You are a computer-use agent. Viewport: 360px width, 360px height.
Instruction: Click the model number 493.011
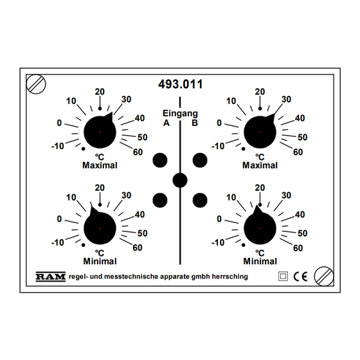(181, 84)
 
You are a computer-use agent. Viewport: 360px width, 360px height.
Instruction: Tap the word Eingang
(180, 114)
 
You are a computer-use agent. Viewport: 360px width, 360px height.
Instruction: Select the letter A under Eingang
(166, 123)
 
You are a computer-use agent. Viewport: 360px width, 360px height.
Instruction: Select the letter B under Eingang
(195, 123)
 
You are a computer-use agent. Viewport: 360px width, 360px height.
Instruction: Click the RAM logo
(51, 276)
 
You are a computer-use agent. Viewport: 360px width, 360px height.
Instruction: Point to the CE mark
(300, 276)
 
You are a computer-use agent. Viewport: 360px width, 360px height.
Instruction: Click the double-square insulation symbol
(283, 276)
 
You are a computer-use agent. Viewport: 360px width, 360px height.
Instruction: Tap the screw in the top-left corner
(36, 84)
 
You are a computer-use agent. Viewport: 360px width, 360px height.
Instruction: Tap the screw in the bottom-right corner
(324, 276)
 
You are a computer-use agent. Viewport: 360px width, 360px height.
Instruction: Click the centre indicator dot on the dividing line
(180, 180)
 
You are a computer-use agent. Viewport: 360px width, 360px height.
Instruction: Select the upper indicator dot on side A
(160, 160)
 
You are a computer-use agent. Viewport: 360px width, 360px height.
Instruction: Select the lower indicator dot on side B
(200, 200)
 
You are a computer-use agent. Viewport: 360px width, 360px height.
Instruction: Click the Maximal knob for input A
(100, 132)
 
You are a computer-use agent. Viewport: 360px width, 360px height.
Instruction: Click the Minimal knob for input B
(260, 228)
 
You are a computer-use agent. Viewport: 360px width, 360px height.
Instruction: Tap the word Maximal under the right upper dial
(260, 165)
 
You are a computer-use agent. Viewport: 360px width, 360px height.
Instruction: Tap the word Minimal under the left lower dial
(100, 261)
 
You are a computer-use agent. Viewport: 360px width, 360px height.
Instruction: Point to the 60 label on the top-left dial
(138, 152)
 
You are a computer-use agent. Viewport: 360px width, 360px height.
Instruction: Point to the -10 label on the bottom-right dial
(218, 242)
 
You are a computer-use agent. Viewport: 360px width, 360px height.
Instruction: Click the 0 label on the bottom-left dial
(59, 219)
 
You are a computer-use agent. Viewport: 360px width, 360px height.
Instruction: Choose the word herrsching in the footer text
(230, 276)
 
